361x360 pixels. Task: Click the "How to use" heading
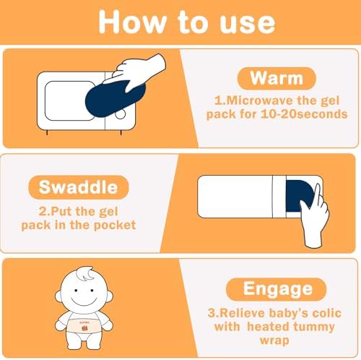pos(187,22)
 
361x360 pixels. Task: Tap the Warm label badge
pos(277,78)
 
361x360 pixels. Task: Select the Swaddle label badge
pos(79,187)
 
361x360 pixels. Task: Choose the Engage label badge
pos(276,289)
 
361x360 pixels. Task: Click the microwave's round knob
pos(121,114)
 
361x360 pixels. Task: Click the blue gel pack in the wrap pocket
pos(298,196)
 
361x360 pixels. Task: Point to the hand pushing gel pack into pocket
pos(316,217)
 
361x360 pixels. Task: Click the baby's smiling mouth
pos(84,301)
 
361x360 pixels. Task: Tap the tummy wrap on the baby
pos(84,325)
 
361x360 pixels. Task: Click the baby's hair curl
pos(85,273)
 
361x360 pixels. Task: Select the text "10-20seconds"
pos(304,113)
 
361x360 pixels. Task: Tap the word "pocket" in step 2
pos(115,226)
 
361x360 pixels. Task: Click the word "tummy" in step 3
pos(314,327)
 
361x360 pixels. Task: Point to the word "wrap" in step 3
pos(274,341)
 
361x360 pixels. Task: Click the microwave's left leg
pos(47,132)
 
